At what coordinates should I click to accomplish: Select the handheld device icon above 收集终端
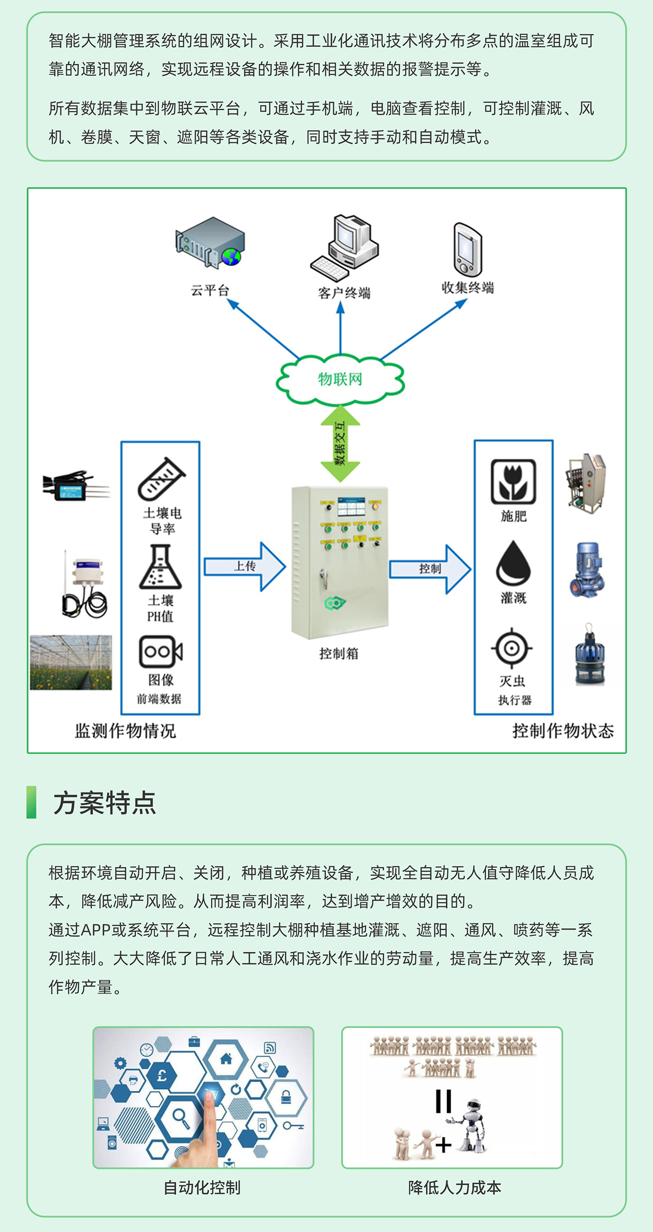[468, 250]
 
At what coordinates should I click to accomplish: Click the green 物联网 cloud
[340, 379]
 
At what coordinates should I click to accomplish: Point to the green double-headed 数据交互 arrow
[341, 443]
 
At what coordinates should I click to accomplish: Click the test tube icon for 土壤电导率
[161, 479]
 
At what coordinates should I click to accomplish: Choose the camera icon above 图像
[160, 652]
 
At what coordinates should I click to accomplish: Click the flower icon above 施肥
[513, 482]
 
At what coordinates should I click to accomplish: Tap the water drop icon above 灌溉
[513, 563]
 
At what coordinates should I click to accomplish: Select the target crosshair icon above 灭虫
[511, 648]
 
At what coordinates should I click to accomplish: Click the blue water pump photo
[587, 570]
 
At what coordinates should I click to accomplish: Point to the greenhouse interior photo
[71, 662]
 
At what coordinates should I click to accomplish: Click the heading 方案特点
[104, 803]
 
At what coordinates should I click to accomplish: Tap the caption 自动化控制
[202, 1187]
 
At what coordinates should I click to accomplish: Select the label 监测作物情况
[126, 731]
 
